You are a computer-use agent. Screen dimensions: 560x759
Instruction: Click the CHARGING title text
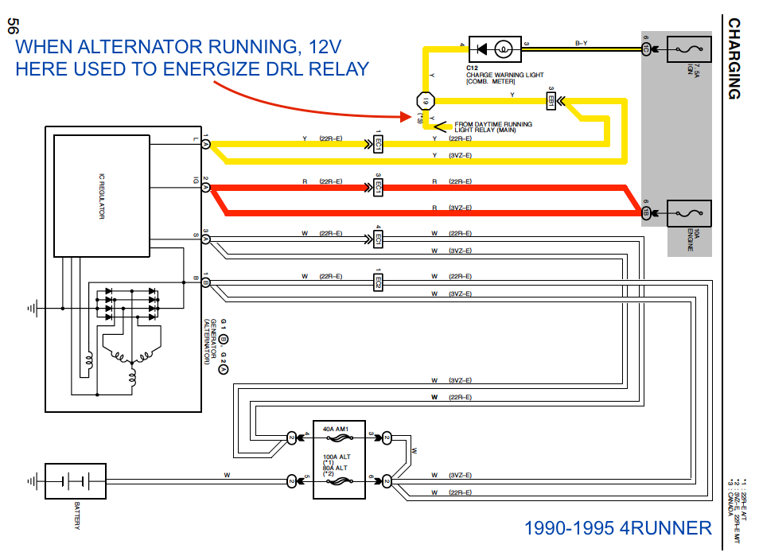(734, 59)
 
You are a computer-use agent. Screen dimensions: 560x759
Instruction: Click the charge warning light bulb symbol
(502, 49)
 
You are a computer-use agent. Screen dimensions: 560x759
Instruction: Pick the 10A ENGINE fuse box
(687, 213)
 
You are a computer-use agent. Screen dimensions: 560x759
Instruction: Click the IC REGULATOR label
(101, 196)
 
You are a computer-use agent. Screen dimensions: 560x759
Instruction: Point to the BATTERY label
(77, 516)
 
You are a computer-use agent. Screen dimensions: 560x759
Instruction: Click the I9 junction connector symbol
(425, 102)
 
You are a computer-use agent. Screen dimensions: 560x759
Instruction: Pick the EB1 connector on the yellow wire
(551, 101)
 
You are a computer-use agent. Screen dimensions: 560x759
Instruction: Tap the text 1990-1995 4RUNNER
(618, 528)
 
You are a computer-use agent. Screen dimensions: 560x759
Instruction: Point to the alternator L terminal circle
(204, 144)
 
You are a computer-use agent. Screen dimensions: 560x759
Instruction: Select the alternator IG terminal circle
(204, 188)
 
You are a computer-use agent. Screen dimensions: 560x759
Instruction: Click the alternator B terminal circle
(204, 282)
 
